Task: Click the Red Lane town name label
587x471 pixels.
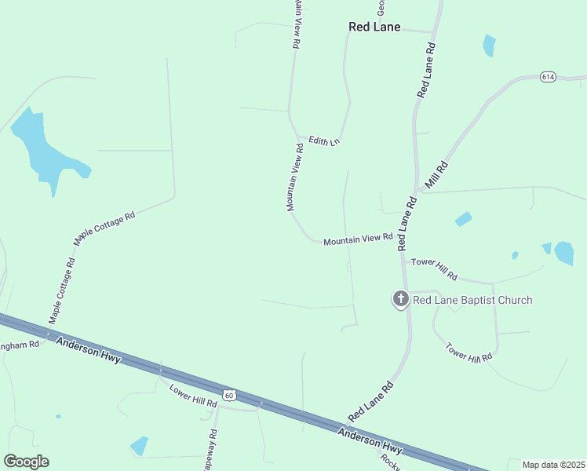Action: pos(374,27)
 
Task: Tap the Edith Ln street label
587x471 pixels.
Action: pos(323,141)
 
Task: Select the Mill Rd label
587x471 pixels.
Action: pos(436,175)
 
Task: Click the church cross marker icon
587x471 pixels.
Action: pos(400,298)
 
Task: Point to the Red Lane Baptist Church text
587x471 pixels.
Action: pos(472,300)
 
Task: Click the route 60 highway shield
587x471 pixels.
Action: pos(228,395)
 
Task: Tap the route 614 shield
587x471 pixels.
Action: pos(548,76)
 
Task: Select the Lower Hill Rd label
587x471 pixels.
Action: pos(192,396)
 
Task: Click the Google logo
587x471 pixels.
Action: pos(26,462)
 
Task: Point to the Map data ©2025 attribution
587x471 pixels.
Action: pos(554,465)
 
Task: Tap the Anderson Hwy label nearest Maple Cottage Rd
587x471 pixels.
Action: pos(89,350)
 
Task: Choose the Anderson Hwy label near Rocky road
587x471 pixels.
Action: pos(370,442)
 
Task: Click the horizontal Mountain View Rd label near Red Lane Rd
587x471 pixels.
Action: pos(358,238)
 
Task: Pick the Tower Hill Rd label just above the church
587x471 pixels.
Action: pos(434,268)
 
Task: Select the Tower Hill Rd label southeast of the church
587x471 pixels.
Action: pos(468,351)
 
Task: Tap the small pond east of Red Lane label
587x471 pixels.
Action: pos(489,45)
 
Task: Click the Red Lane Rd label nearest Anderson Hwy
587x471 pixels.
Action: pos(370,401)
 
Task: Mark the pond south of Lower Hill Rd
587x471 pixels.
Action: pos(139,445)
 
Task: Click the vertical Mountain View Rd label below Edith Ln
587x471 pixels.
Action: pos(295,177)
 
